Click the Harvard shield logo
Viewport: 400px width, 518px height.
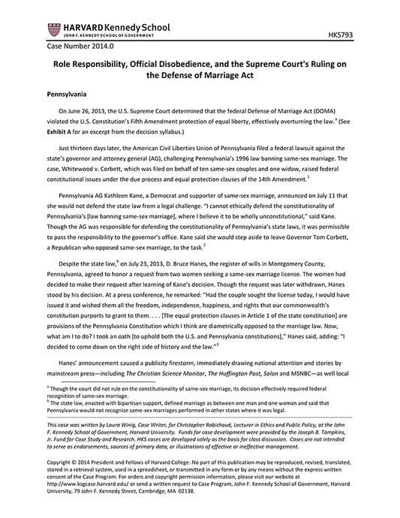click(x=53, y=30)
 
